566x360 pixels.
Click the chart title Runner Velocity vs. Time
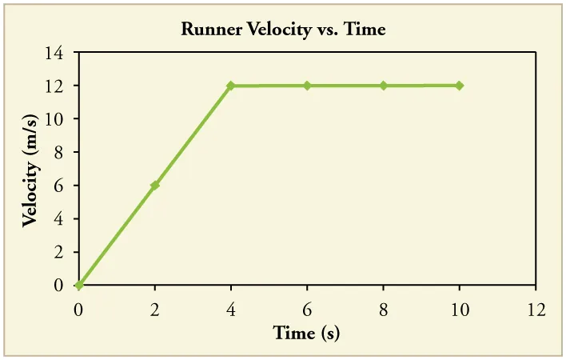click(x=284, y=30)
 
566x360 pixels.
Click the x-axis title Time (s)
click(x=306, y=332)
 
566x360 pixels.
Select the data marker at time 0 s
click(x=78, y=285)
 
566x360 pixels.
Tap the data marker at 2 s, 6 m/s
click(x=155, y=185)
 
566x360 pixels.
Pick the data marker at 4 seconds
click(x=231, y=86)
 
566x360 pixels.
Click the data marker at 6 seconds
click(x=307, y=86)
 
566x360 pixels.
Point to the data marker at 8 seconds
click(x=384, y=86)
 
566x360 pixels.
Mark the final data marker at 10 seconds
click(x=460, y=86)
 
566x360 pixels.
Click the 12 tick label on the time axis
click(x=536, y=309)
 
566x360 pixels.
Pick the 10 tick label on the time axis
click(x=460, y=309)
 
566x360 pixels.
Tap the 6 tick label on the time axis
click(x=307, y=309)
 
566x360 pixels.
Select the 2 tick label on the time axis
click(x=155, y=309)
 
